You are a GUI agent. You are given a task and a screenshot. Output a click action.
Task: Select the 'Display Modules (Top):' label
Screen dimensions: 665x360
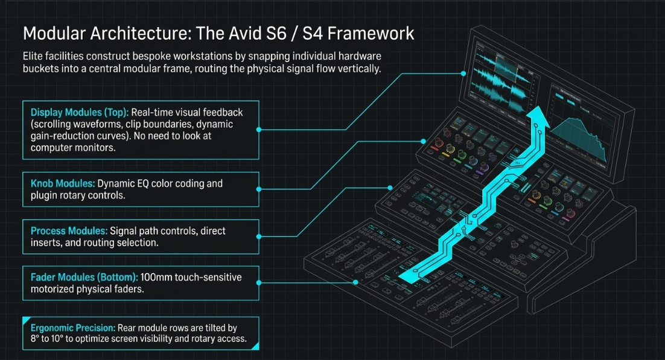pyautogui.click(x=79, y=112)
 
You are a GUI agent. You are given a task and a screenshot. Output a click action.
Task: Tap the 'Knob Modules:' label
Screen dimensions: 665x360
pyautogui.click(x=62, y=183)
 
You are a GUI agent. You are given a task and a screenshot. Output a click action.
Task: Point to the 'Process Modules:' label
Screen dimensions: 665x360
pyautogui.click(x=69, y=231)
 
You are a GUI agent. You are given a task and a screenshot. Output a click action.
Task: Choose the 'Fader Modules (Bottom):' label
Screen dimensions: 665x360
pyautogui.click(x=84, y=277)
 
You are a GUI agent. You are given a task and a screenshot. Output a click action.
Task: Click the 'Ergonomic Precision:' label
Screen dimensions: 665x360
pyautogui.click(x=73, y=328)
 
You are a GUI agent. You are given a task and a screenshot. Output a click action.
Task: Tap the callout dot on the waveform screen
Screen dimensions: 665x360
pyautogui.click(x=463, y=74)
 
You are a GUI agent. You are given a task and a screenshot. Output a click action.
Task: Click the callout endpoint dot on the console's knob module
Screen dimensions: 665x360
pyautogui.click(x=423, y=141)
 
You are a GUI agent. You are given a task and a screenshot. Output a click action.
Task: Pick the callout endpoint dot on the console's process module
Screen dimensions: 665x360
pyautogui.click(x=390, y=188)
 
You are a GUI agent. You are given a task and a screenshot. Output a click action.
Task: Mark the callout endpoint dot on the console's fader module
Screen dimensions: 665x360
pyautogui.click(x=356, y=282)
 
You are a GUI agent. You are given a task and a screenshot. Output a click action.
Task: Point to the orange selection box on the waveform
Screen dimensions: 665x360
pyautogui.click(x=506, y=68)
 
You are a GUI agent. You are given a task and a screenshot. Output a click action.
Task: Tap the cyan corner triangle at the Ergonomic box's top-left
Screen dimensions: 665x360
pyautogui.click(x=25, y=320)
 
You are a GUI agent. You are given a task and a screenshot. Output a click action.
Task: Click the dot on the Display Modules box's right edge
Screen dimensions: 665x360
pyautogui.click(x=259, y=129)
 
